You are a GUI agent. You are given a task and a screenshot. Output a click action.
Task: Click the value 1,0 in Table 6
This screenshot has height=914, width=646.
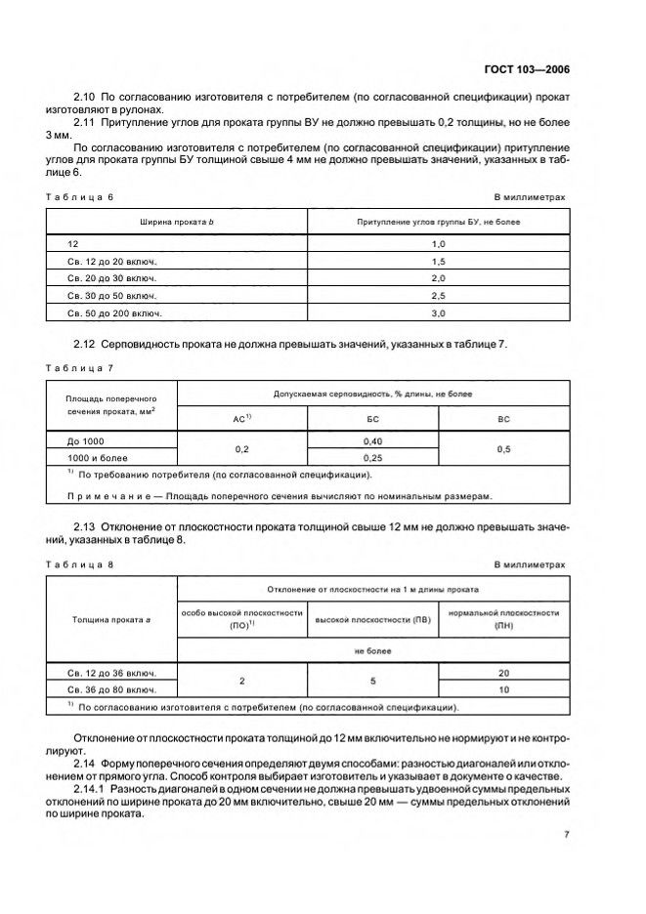click(x=438, y=242)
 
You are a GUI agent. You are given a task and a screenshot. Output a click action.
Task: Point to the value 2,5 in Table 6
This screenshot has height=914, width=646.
click(x=438, y=295)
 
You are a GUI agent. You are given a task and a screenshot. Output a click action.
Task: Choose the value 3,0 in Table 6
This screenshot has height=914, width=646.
click(x=438, y=312)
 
